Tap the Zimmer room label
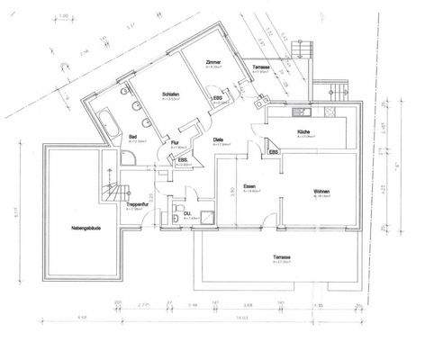pos(213,63)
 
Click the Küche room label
pos(303,132)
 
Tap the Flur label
pos(174,143)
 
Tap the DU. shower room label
pos(188,214)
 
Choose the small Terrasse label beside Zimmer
pos(262,67)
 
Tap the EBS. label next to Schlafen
pos(217,98)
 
